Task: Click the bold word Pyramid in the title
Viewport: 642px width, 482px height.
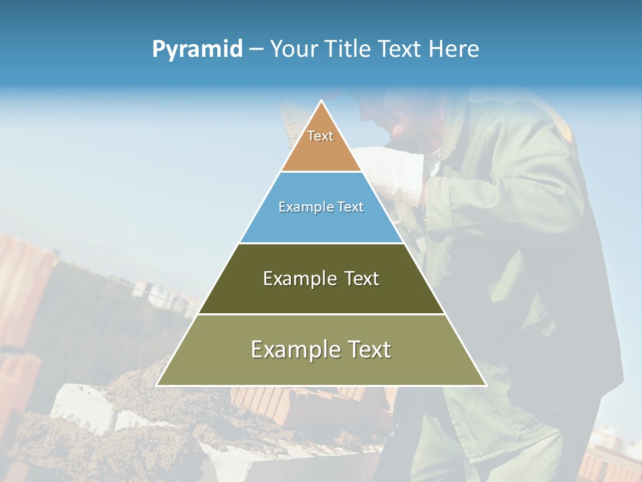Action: tap(197, 50)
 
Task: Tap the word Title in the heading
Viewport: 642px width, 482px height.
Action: tap(348, 50)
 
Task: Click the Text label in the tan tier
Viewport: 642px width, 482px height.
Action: tap(320, 136)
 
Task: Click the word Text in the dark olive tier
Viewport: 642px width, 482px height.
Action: tap(362, 278)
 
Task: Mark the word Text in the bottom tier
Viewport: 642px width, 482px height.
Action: tap(368, 349)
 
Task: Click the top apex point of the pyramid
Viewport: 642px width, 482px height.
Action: tap(321, 101)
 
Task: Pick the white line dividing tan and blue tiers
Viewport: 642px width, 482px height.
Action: tap(321, 172)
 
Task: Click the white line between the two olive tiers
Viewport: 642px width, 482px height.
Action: tap(321, 314)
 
